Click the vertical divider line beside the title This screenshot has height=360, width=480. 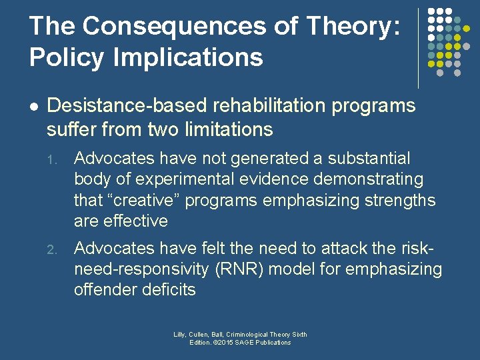418,48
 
